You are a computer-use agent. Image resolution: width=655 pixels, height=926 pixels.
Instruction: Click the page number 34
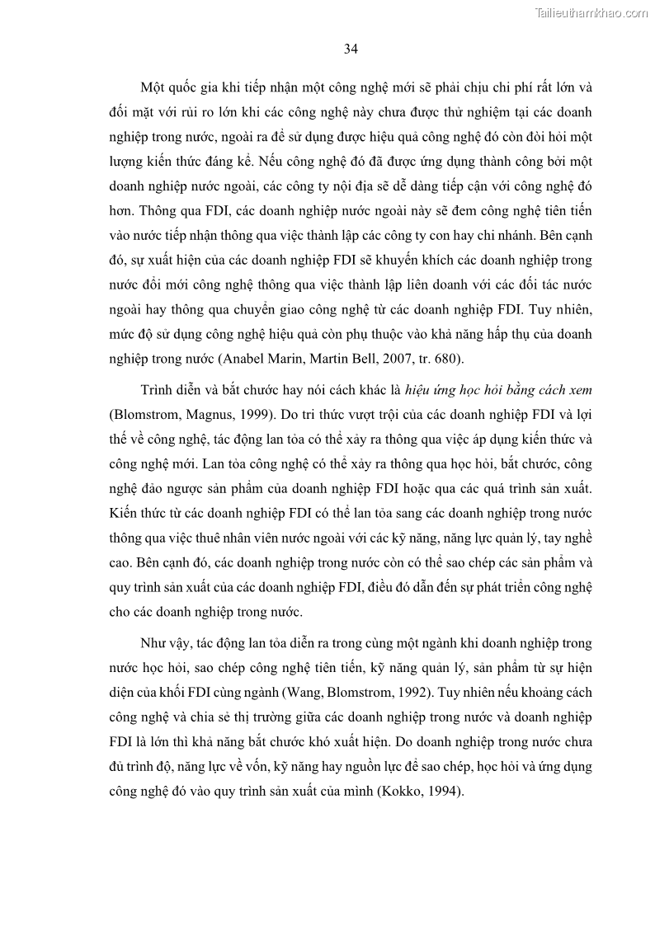(x=351, y=49)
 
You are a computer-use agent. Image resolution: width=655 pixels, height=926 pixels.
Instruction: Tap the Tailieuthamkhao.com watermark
(x=592, y=13)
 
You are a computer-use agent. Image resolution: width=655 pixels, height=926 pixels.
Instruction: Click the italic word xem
(x=579, y=388)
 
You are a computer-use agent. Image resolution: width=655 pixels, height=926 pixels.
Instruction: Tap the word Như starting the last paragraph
(x=156, y=642)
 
